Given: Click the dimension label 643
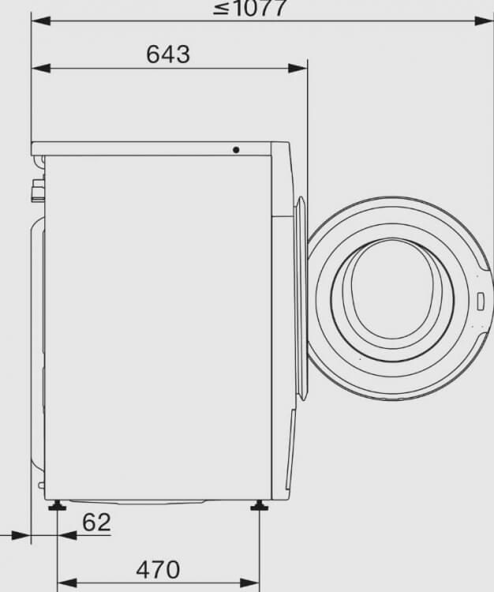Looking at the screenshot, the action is click(x=168, y=54).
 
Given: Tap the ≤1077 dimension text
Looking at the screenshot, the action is click(x=249, y=8).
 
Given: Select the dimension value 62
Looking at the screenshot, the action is click(x=96, y=523).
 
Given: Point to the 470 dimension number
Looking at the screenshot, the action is click(x=158, y=570).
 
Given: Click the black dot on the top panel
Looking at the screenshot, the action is click(x=236, y=150).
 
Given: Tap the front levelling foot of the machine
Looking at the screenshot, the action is click(x=260, y=505).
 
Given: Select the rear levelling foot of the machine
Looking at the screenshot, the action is click(x=57, y=505).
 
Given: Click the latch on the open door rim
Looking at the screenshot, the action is click(x=481, y=302).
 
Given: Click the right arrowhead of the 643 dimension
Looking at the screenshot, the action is click(x=298, y=69).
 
